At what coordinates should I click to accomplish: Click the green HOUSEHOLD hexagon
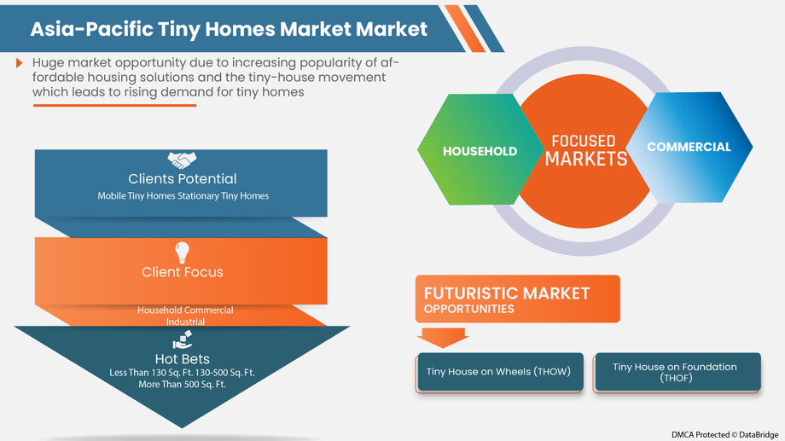point(480,151)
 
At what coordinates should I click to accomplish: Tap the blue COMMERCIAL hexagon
point(689,147)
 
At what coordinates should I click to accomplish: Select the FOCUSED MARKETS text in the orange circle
point(585,150)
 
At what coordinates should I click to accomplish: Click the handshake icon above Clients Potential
point(182,160)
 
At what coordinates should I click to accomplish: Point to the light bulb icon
point(182,252)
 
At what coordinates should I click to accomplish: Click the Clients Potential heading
point(182,179)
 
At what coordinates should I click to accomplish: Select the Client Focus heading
point(182,272)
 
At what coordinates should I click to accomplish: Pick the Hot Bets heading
point(182,358)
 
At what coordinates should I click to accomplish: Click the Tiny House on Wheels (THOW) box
point(499,372)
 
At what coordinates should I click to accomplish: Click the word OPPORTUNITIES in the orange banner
point(468,309)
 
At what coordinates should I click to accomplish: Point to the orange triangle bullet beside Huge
point(20,63)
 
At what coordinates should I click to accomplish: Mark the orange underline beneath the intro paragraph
point(114,105)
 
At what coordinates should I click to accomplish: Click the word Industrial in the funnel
point(185,322)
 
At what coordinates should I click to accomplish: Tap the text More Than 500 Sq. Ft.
point(182,385)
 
